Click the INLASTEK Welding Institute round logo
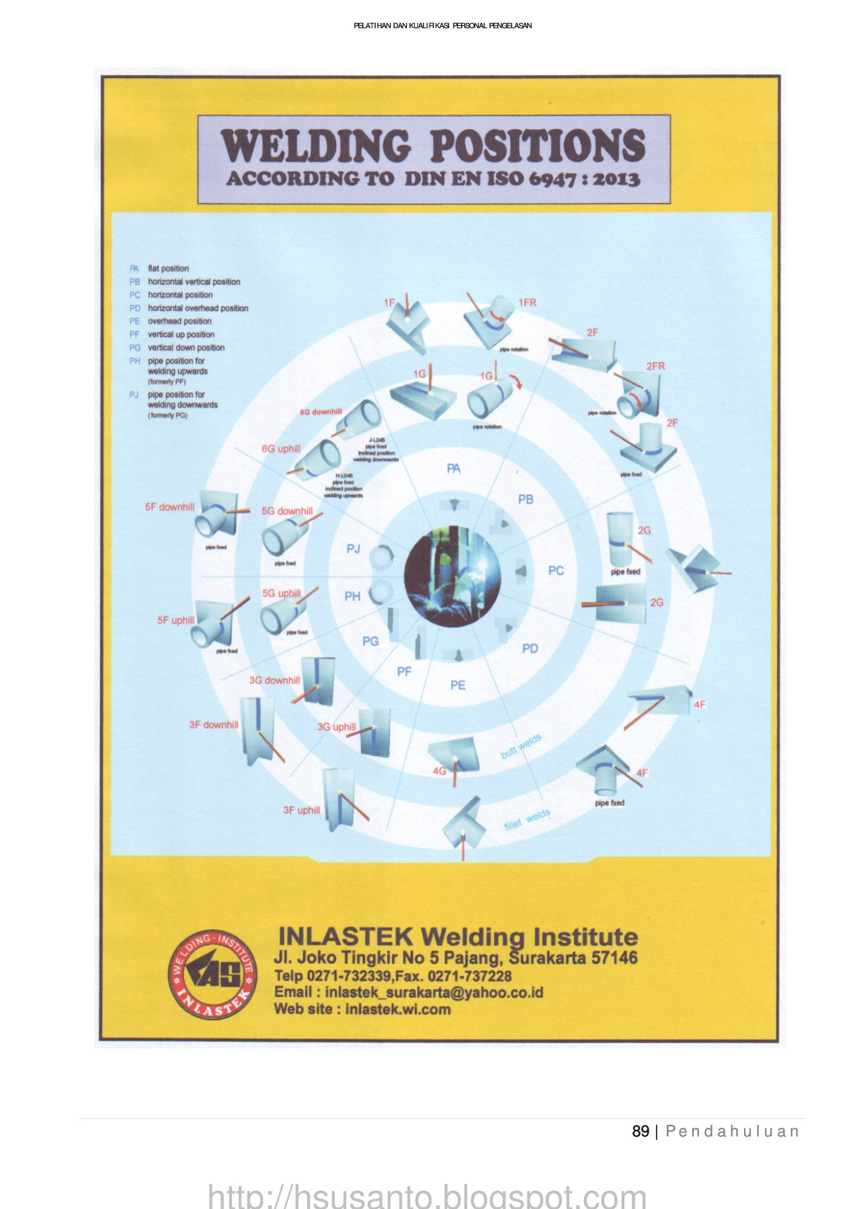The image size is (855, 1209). pos(212,975)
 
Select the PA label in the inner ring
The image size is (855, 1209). pos(454,468)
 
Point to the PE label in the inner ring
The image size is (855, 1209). pos(458,685)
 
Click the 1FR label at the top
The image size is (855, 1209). pos(527,303)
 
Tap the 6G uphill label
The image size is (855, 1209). pos(281,449)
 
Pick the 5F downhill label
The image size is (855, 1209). pos(169,507)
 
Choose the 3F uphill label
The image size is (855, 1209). pos(301,810)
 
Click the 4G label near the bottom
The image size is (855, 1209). pos(439,771)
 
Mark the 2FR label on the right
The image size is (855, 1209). pos(655,366)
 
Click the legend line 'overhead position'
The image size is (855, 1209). pos(179,321)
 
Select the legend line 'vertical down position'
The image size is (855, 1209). pos(186,348)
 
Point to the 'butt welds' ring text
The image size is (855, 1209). pos(521,747)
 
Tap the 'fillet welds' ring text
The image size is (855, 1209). pos(528,819)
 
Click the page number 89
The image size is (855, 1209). pos(641,1132)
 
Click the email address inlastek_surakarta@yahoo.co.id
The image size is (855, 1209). pos(434,992)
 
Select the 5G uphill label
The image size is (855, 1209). pos(281,594)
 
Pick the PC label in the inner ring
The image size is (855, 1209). pos(556,570)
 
